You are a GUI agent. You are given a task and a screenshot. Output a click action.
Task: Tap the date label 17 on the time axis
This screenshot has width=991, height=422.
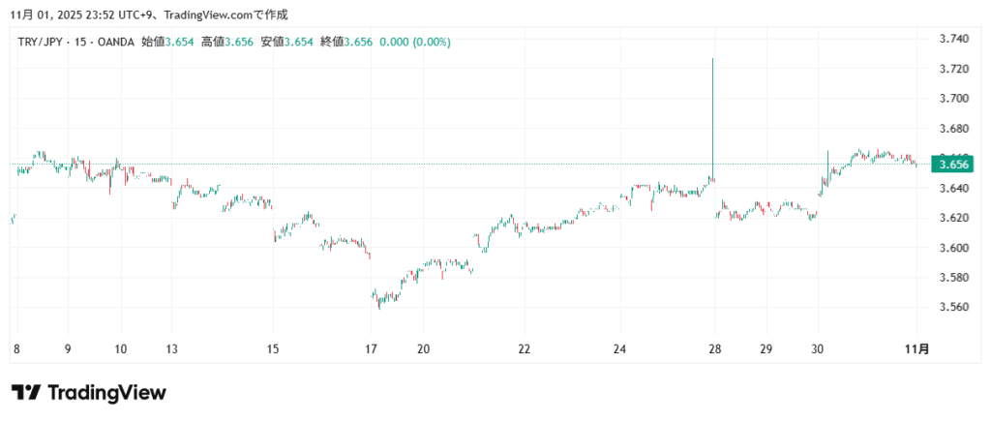373,348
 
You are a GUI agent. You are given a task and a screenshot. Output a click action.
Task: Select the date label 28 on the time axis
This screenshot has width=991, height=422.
714,348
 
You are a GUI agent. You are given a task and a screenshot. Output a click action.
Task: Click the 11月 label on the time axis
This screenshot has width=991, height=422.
921,348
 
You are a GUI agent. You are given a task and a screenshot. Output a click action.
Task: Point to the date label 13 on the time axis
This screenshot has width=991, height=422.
172,348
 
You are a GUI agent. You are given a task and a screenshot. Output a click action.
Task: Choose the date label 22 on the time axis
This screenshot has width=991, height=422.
524,348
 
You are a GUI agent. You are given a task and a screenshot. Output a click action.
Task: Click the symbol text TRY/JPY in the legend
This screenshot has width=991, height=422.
41,43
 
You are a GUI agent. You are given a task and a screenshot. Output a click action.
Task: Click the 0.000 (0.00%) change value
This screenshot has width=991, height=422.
414,43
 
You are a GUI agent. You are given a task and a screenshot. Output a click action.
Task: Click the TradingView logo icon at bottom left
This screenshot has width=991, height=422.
26,392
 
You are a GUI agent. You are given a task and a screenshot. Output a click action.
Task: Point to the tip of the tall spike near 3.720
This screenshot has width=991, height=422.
712,59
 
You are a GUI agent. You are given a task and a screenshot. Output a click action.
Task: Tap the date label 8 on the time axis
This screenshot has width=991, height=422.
16,348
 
